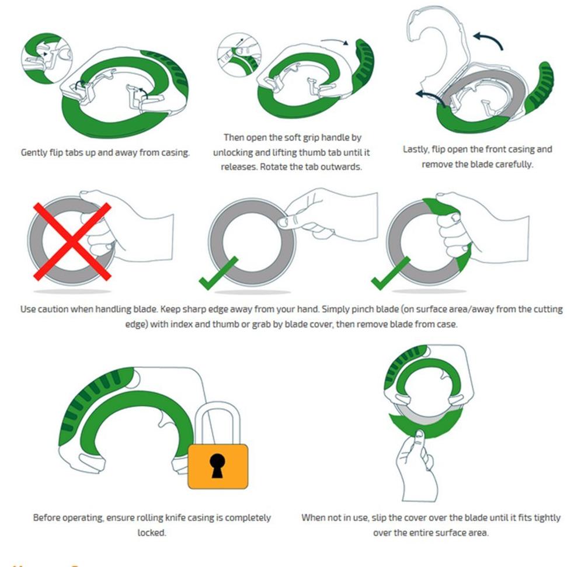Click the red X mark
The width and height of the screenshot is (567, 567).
(72, 242)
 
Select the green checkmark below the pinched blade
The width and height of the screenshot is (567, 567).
(218, 274)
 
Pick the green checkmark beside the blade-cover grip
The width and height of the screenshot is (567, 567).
(391, 274)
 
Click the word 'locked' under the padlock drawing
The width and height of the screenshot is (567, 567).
(151, 533)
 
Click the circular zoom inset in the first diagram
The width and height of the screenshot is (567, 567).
(47, 58)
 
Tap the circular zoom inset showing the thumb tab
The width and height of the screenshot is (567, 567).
(239, 55)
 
